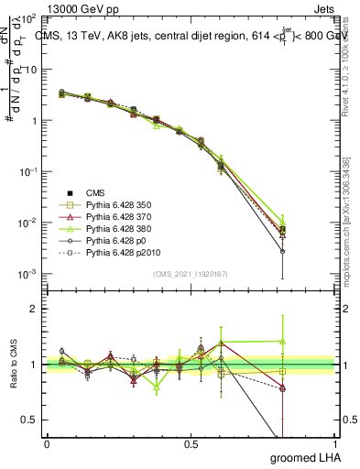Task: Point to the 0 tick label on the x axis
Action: pos(46,443)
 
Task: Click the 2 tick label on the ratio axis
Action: pos(35,309)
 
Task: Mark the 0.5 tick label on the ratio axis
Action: pos(30,420)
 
